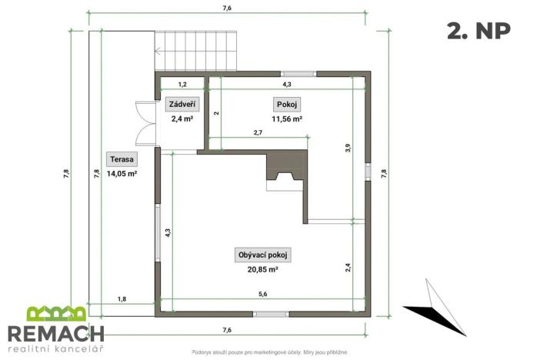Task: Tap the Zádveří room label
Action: [x=182, y=105]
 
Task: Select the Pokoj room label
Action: [x=285, y=105]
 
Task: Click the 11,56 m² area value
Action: [x=286, y=119]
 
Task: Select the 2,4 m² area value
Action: [x=182, y=119]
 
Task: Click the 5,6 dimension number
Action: [x=263, y=295]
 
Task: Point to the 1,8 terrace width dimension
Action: [x=122, y=298]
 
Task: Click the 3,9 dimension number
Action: [x=348, y=148]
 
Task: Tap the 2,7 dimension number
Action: [x=258, y=133]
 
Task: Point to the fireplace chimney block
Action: [x=285, y=171]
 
